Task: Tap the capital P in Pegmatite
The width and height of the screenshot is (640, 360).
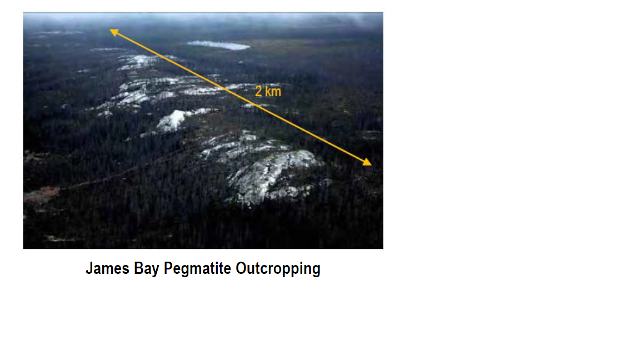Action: tap(168, 268)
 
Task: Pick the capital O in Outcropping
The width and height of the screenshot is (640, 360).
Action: tap(241, 268)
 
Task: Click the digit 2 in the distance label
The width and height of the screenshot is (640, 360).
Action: tap(258, 91)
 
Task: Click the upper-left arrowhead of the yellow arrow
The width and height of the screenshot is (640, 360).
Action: tap(114, 32)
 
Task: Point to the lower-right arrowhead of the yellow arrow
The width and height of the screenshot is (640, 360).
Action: tap(367, 162)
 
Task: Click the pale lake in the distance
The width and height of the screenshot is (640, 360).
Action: tap(218, 45)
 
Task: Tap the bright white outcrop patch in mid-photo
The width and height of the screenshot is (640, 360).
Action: tap(173, 119)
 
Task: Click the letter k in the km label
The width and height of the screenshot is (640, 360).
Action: tap(268, 91)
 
